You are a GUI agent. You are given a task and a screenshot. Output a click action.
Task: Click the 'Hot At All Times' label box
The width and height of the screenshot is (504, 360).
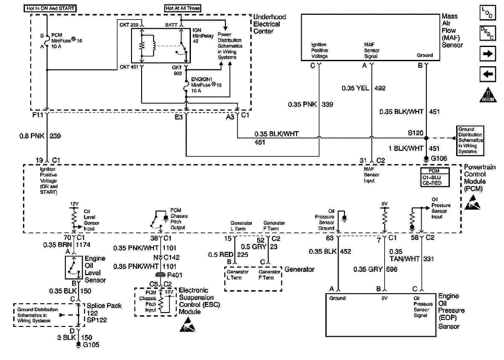pos(183,8)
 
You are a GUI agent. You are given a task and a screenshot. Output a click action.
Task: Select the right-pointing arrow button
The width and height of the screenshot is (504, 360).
pos(488,54)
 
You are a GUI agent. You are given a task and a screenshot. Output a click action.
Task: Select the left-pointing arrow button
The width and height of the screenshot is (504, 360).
pos(488,74)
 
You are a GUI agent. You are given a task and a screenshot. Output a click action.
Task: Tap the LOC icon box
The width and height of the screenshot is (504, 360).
pos(488,13)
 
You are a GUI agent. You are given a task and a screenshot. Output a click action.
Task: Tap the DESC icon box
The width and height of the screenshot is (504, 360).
pos(488,33)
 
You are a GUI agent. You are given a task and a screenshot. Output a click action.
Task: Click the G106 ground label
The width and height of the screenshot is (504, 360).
pos(439,159)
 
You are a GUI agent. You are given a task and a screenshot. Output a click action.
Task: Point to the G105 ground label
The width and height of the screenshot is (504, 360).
pos(91,345)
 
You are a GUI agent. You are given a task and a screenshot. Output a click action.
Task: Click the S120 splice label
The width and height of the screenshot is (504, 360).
pos(415,133)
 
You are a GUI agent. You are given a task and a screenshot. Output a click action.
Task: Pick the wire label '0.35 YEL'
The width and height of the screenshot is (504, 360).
pos(355,88)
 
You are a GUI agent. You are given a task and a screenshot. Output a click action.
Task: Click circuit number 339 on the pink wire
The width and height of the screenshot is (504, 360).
pos(327,104)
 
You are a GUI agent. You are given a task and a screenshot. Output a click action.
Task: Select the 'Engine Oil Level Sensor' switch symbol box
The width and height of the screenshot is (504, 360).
pos(74,267)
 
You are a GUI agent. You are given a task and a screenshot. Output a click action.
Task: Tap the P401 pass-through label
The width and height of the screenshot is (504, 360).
pos(175,275)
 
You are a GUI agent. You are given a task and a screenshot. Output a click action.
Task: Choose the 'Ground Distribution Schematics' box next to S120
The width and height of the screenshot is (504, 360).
pos(470,140)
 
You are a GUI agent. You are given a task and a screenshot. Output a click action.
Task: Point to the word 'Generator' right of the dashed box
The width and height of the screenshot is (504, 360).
pos(299,270)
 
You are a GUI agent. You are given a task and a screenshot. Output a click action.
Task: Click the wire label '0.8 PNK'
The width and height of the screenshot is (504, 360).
pos(32,136)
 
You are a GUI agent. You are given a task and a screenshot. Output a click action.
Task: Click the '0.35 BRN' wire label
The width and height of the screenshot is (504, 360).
pos(54,245)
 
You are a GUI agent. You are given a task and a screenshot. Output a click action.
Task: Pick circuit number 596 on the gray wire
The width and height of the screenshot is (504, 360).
pos(392,270)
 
